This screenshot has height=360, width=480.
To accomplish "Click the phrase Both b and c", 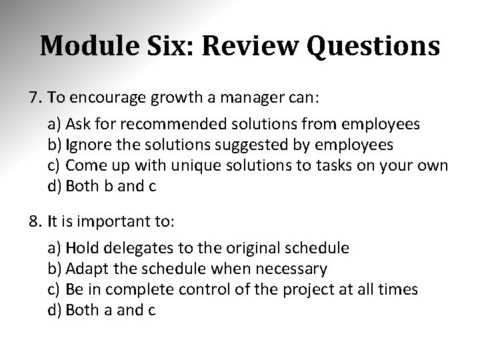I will [x=111, y=187].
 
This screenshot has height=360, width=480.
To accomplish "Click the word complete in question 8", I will [x=141, y=290].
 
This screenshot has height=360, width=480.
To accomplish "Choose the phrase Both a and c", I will [x=111, y=311].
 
